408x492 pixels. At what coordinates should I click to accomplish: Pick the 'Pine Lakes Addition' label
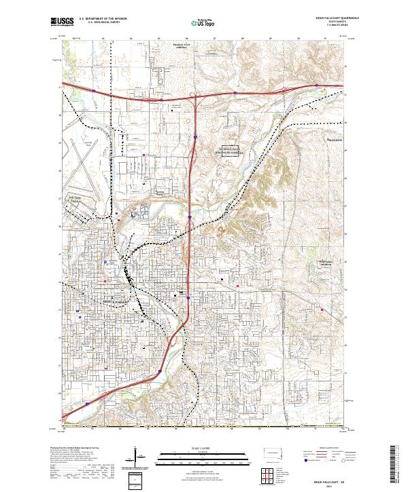coord(310,263)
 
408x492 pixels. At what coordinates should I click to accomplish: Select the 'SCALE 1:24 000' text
coord(203,445)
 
